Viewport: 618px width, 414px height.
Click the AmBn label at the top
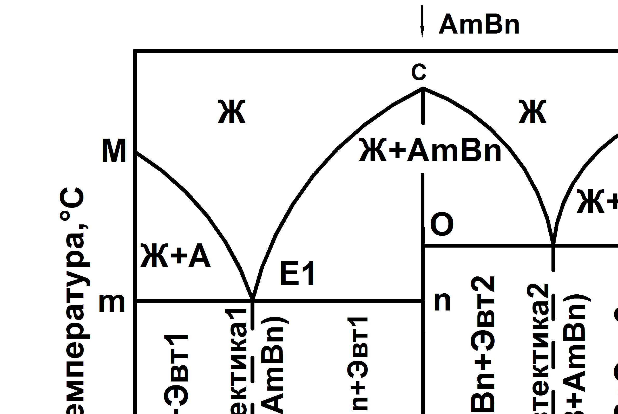(479, 24)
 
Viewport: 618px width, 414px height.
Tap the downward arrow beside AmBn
(422, 21)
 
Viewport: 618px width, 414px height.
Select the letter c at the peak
(419, 72)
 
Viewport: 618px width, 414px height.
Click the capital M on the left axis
(114, 151)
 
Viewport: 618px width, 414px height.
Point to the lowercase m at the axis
(112, 303)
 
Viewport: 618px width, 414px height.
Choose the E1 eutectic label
(297, 274)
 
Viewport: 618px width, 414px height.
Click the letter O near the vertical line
(442, 224)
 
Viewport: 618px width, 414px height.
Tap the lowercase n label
(443, 301)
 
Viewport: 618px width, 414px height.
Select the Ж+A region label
(175, 256)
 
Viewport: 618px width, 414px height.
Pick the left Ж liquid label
(232, 112)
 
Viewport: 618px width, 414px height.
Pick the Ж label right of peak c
(532, 112)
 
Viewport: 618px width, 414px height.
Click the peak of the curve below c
(423, 88)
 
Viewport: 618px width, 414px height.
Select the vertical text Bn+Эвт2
(482, 343)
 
